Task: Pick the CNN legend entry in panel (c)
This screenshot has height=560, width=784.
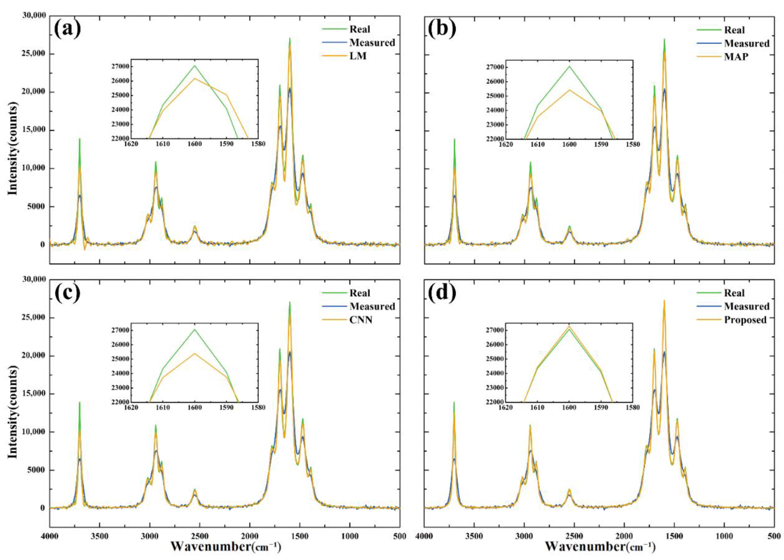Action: pyautogui.click(x=361, y=320)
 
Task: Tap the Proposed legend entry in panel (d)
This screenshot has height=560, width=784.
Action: pyautogui.click(x=745, y=320)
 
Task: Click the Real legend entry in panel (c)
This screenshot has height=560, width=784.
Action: pyautogui.click(x=359, y=293)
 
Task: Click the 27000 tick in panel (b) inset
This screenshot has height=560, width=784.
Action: pyautogui.click(x=495, y=67)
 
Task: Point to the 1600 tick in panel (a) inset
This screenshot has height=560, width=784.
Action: pyautogui.click(x=195, y=144)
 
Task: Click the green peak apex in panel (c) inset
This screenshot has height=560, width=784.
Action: pyautogui.click(x=195, y=329)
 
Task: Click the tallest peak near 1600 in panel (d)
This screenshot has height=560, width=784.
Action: pyautogui.click(x=664, y=301)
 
